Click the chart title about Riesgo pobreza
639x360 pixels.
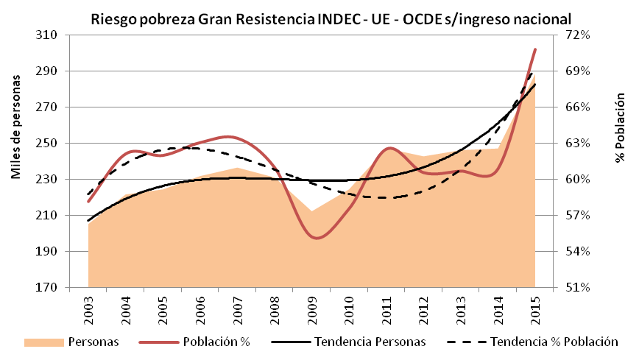click(x=331, y=18)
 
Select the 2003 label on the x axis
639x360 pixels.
click(x=88, y=308)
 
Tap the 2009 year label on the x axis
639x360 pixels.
click(x=312, y=308)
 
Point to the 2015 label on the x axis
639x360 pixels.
click(x=535, y=308)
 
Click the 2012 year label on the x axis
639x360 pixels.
click(x=424, y=308)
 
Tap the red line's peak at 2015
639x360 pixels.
click(x=535, y=49)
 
